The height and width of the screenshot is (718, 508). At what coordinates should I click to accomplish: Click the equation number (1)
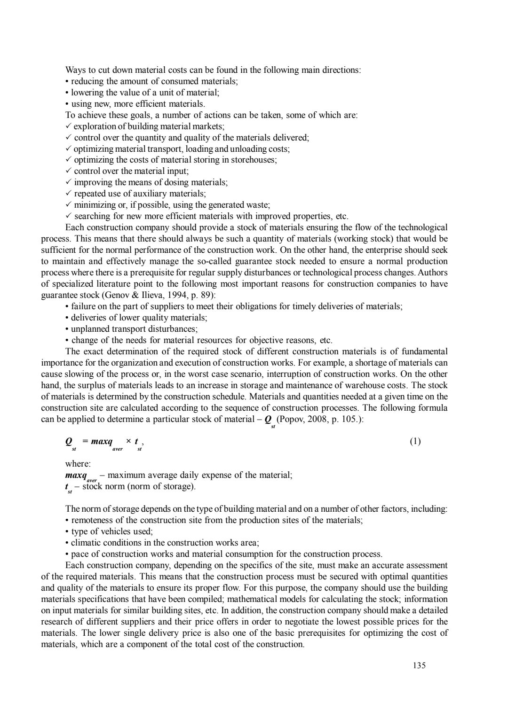click(x=415, y=441)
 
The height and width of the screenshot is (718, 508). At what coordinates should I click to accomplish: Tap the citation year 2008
click(x=318, y=419)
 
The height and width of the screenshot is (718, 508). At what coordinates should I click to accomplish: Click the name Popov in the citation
click(x=293, y=419)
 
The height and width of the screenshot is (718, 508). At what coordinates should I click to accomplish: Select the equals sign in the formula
click(x=85, y=442)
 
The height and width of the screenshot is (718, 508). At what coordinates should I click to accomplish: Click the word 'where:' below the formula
click(x=78, y=464)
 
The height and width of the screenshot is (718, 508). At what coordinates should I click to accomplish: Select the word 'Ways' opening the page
click(x=74, y=70)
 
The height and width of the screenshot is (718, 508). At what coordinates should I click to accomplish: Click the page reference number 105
click(x=352, y=419)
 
